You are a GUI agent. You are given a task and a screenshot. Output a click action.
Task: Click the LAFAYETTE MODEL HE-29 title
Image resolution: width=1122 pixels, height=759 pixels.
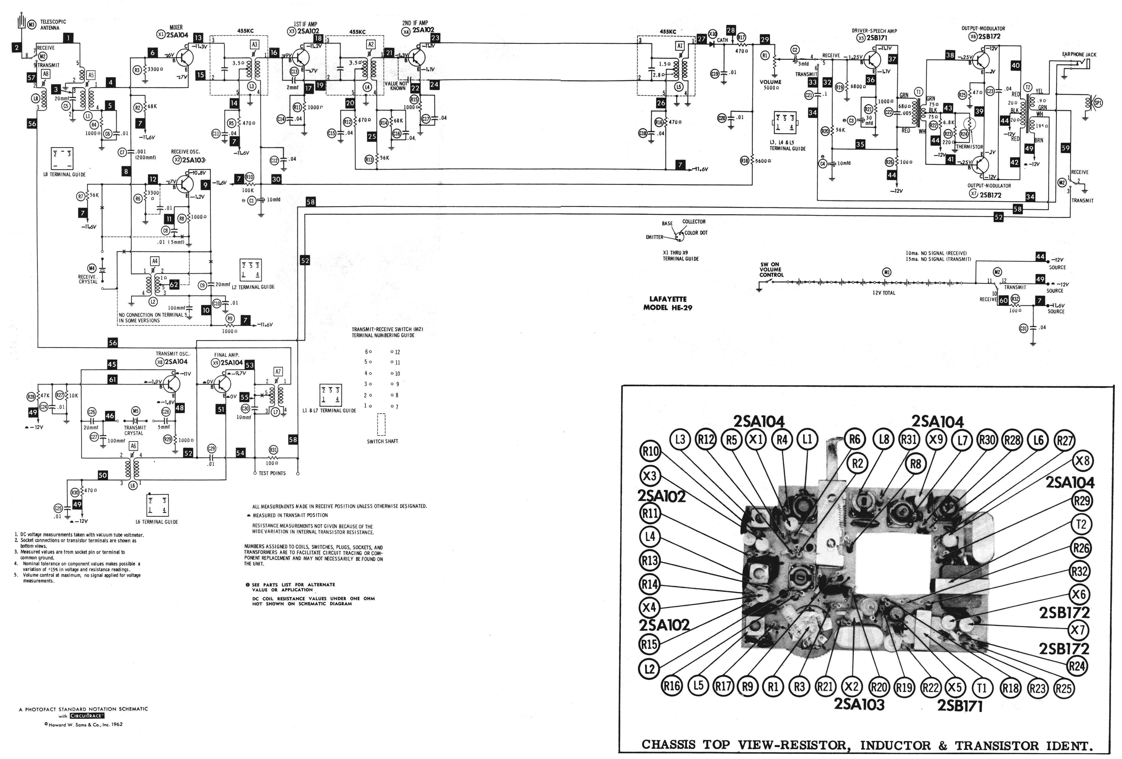(x=668, y=303)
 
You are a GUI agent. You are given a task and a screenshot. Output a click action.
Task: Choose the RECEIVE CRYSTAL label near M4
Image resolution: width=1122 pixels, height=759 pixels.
(x=88, y=279)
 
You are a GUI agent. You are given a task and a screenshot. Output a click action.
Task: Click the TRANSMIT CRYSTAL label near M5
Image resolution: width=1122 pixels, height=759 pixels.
(x=135, y=430)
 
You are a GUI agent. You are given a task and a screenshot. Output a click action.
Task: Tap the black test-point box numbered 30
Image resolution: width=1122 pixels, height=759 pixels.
(x=276, y=179)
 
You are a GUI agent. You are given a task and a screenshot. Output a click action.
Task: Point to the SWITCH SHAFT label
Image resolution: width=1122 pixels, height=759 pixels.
(x=382, y=441)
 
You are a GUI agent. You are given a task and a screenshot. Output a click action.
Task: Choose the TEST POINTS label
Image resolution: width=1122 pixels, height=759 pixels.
(x=272, y=473)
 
